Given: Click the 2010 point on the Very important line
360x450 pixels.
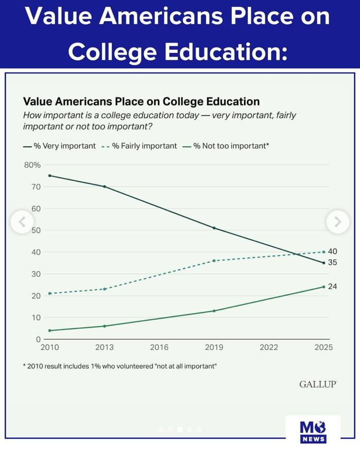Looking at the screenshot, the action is [50, 176].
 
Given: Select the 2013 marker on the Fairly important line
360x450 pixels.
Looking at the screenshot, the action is [104, 289].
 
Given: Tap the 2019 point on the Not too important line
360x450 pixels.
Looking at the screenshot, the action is [214, 311].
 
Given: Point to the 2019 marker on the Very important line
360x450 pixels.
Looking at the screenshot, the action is [214, 228].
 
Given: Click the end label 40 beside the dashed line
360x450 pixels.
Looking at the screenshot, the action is [332, 251].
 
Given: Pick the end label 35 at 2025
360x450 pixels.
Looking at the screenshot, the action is [332, 262].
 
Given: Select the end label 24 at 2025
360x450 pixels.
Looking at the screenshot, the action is [332, 286].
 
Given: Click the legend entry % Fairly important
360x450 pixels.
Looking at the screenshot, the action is [139, 146].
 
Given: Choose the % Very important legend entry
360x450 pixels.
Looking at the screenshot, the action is [60, 146].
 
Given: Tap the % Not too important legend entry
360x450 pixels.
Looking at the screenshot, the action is [226, 146].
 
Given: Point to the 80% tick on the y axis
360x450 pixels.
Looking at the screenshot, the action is [32, 165].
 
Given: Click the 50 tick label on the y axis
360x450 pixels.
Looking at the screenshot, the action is [36, 230].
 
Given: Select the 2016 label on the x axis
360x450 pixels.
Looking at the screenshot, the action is [159, 347].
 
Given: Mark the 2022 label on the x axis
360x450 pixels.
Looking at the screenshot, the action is [269, 347].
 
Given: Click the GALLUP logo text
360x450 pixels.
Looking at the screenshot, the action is [318, 384].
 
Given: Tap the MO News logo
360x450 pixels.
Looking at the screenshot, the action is [313, 431].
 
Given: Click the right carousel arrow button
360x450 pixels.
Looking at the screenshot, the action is [338, 222].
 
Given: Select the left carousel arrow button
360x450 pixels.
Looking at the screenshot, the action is [22, 222].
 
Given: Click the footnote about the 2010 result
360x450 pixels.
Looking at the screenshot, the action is [120, 366].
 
